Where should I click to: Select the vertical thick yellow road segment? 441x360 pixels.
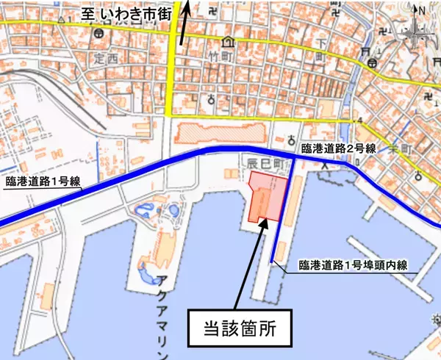coord(171,73)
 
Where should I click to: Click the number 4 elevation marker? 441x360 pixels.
coord(361,120)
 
